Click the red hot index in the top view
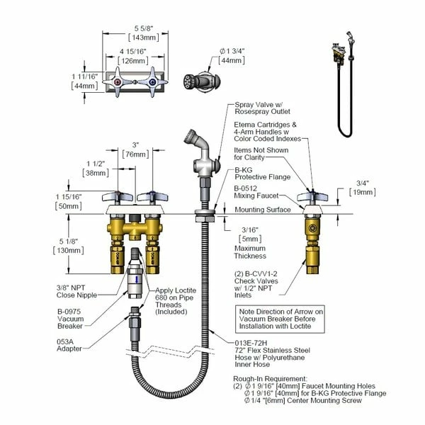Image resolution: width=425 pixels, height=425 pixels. (118, 82)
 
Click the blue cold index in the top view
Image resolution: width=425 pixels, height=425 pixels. (152, 82)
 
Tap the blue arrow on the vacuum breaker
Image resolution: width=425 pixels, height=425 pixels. (137, 279)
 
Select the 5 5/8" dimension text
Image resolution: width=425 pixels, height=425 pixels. (144, 28)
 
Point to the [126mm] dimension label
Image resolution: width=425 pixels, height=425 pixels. (133, 61)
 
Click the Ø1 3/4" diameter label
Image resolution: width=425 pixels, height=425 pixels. (232, 51)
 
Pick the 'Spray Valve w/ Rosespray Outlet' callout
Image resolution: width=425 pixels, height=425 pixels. (262, 108)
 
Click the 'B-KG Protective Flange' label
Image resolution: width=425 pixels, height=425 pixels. (262, 174)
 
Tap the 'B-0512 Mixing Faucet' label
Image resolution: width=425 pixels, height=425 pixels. (256, 192)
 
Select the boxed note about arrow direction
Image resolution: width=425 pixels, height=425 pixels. (280, 319)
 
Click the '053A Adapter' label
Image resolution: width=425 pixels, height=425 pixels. (69, 346)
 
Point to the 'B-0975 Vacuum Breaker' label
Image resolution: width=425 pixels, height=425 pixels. (70, 319)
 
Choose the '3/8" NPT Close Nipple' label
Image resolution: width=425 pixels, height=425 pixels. (76, 291)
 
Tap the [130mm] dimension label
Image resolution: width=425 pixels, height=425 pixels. (69, 250)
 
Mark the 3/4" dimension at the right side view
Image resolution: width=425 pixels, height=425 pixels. (363, 183)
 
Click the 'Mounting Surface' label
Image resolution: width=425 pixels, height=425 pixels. (263, 210)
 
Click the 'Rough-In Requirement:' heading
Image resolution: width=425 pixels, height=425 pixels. (271, 379)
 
